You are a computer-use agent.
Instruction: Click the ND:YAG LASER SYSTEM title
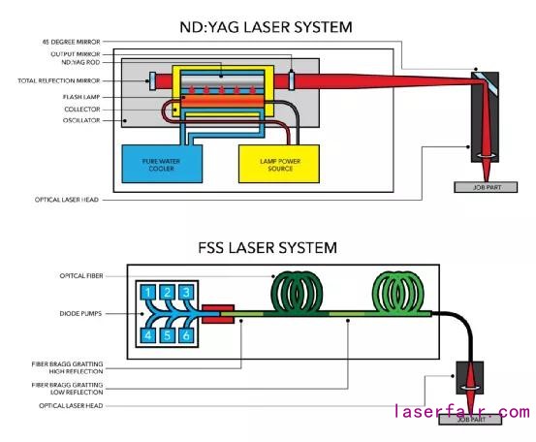tap(266, 27)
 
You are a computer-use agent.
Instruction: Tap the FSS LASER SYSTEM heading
tap(268, 248)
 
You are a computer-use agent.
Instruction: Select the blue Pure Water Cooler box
tap(162, 164)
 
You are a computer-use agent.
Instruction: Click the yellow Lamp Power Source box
tap(279, 164)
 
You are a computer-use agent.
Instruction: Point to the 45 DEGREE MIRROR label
tap(72, 42)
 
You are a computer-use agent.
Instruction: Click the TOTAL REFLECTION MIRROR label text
tap(59, 81)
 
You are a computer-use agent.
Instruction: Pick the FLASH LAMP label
tap(81, 97)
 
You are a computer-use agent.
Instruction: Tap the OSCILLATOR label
tap(81, 120)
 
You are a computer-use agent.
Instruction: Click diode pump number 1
tap(148, 293)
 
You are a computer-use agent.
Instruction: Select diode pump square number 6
tap(186, 335)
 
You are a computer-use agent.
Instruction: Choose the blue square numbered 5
tap(167, 335)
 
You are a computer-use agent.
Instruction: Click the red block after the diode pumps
tap(218, 314)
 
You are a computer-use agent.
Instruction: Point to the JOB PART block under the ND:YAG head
tap(486, 187)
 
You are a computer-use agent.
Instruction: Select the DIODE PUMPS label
tap(80, 313)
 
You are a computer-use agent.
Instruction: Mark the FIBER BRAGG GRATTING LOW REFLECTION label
tap(67, 389)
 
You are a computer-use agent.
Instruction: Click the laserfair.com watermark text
tap(462, 411)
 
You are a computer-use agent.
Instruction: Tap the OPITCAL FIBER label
tap(81, 276)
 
